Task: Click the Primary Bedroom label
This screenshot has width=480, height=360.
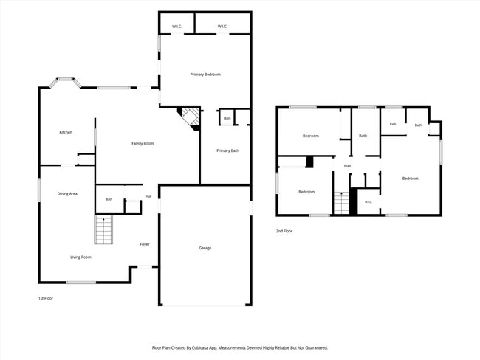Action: coord(205,75)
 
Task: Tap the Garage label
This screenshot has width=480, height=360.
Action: coord(205,248)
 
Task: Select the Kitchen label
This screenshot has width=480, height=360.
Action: coord(66,132)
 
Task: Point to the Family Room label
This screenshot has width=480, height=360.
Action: coord(143,143)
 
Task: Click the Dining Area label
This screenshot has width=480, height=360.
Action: coord(67,193)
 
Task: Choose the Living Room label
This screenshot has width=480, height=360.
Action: coord(80,257)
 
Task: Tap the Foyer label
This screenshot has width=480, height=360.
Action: coord(145,244)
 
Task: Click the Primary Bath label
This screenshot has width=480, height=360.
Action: coord(227,150)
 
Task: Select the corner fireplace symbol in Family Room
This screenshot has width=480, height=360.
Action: coord(189,119)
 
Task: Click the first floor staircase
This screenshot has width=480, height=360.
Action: coord(103,229)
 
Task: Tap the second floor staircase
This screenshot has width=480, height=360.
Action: coord(341,203)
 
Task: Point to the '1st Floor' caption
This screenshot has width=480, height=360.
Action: coord(46,298)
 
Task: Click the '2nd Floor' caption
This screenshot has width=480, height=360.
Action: coord(284,231)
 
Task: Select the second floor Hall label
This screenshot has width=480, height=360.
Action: coord(347,166)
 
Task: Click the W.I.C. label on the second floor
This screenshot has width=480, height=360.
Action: coord(368,202)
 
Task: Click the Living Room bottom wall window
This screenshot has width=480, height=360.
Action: coord(81,283)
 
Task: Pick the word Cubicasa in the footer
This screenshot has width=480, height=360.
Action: coord(209,347)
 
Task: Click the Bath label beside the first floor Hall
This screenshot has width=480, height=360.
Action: coord(109,199)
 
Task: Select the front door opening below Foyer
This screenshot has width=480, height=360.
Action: coord(145,267)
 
